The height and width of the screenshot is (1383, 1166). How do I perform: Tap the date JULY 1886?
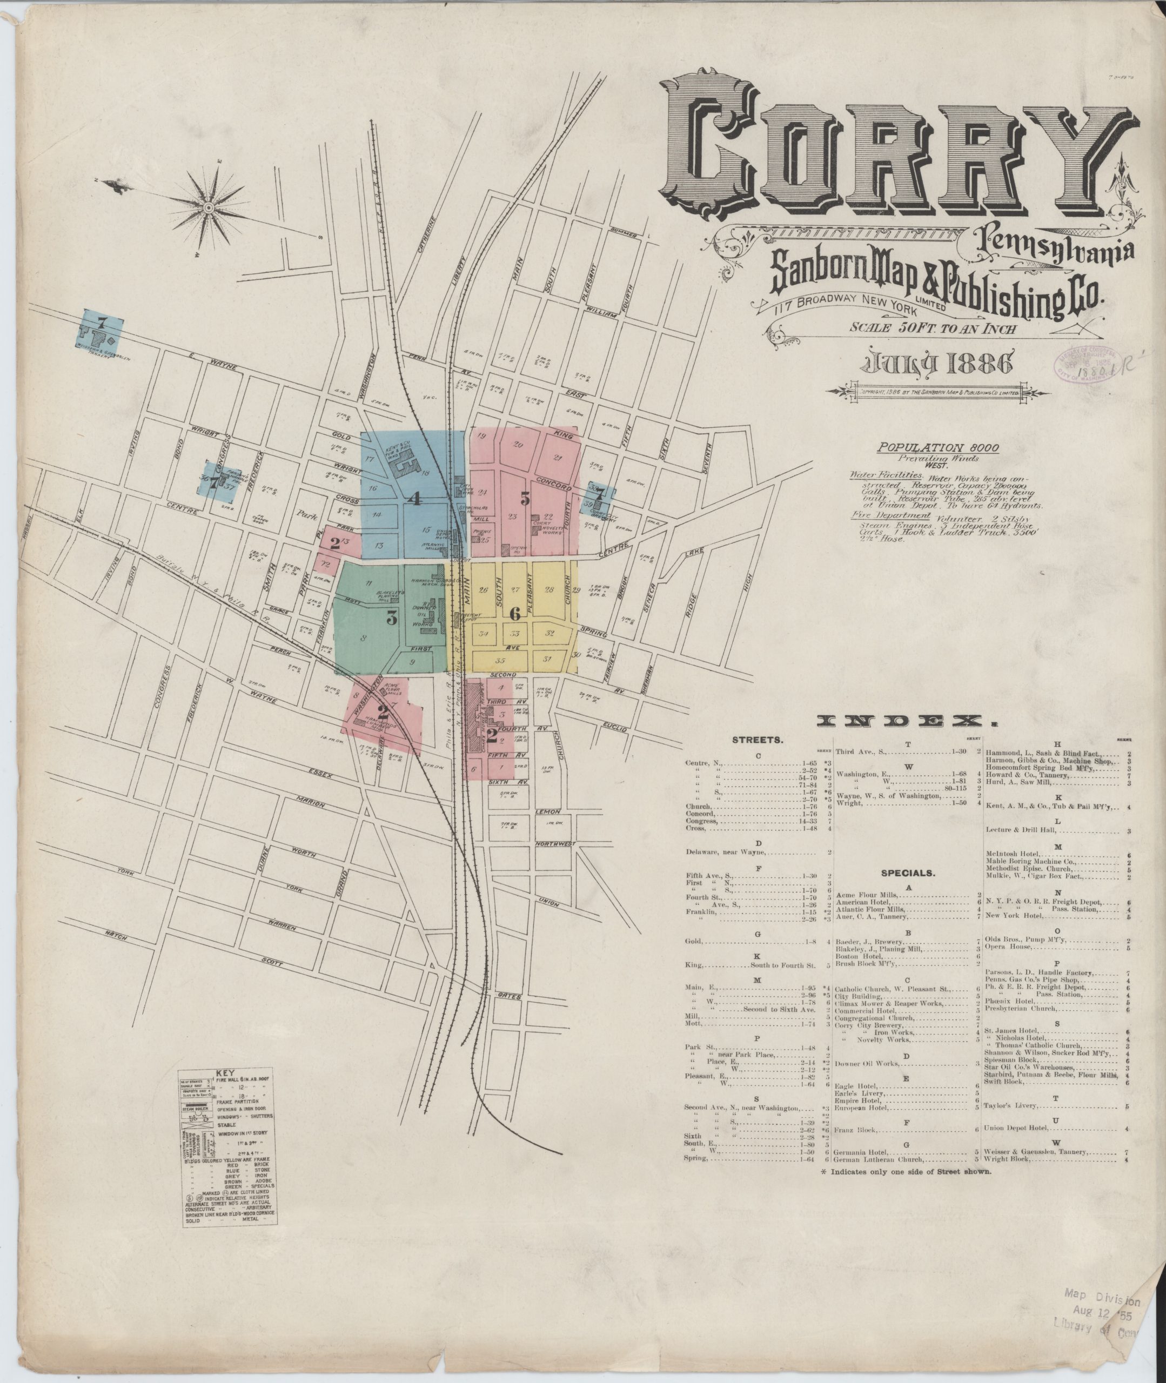pos(934,364)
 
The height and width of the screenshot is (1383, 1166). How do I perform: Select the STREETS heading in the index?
pos(758,741)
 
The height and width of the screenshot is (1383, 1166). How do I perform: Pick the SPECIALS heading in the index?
pos(908,873)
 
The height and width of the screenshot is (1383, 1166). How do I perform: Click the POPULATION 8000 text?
pos(937,447)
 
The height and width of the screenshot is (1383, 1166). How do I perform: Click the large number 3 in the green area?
pos(391,619)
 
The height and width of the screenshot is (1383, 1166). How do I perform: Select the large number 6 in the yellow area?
pos(515,613)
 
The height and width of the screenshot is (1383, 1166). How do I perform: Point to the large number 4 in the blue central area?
pos(414,499)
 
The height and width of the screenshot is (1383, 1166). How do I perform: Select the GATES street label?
pos(510,996)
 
